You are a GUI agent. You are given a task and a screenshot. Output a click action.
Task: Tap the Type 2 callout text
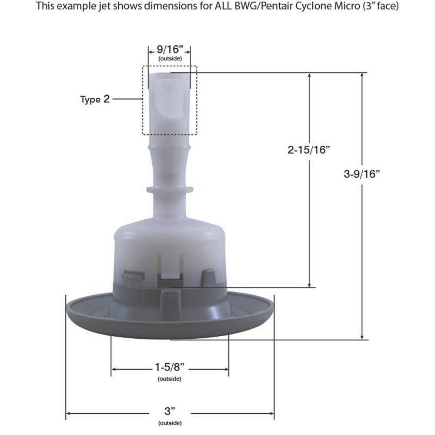pos(95,99)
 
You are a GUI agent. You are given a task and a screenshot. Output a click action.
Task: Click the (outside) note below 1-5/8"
pos(170,379)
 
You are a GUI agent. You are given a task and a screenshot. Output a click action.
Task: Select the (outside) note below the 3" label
pos(170,423)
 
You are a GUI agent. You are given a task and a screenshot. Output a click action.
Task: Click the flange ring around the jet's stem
pos(170,190)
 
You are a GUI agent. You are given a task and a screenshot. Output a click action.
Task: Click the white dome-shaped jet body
pos(170,244)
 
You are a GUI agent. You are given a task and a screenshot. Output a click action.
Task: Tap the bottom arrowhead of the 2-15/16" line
pos(309,284)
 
